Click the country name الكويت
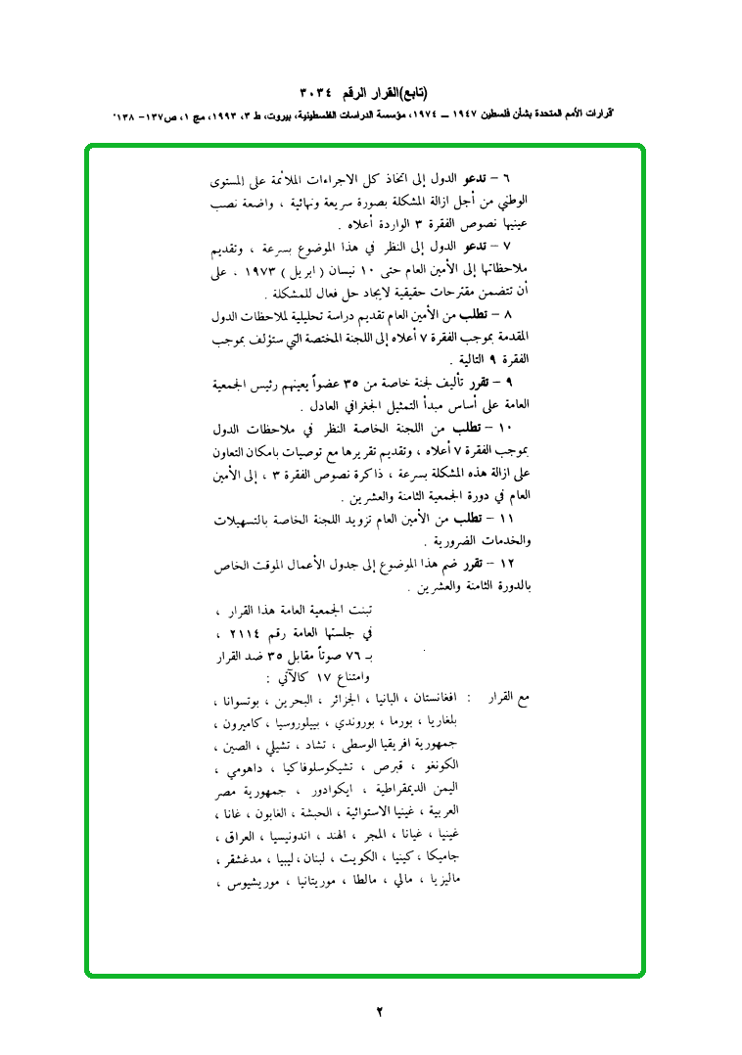355,860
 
